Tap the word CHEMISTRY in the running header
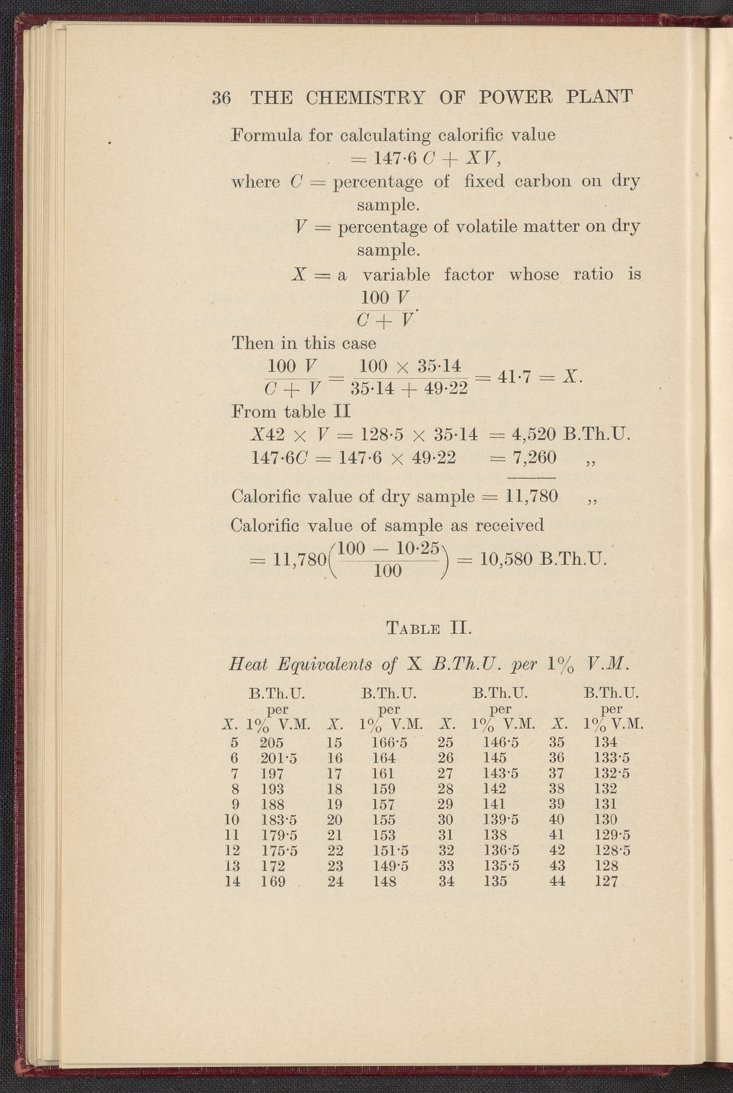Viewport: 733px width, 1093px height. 365,98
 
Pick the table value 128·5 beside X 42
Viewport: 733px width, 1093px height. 612,850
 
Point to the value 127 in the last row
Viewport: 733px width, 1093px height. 606,881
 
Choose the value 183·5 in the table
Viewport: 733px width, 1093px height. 279,819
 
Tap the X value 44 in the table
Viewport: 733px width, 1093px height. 557,881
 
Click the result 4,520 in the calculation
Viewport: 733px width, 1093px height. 534,435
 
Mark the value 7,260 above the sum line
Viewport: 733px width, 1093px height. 534,457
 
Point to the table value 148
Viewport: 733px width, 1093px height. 384,881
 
